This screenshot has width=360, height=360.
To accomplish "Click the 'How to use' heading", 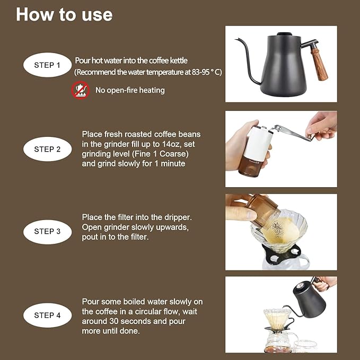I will coord(64,14).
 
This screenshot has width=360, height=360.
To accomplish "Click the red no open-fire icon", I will coord(81,90).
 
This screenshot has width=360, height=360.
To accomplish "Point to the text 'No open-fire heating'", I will coord(130,90).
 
